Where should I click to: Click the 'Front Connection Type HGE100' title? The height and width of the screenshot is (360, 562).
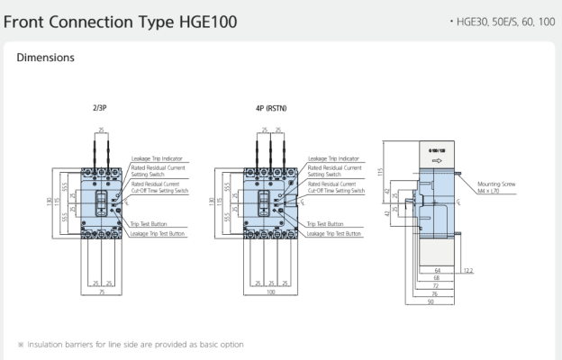click(x=122, y=20)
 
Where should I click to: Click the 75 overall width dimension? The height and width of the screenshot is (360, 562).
click(x=101, y=292)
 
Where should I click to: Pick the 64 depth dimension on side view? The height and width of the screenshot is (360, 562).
click(x=437, y=268)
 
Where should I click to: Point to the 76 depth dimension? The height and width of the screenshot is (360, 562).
click(x=434, y=292)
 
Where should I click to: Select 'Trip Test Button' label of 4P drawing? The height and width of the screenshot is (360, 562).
click(x=324, y=223)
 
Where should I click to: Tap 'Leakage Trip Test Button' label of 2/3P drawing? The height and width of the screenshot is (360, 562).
click(x=159, y=233)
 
